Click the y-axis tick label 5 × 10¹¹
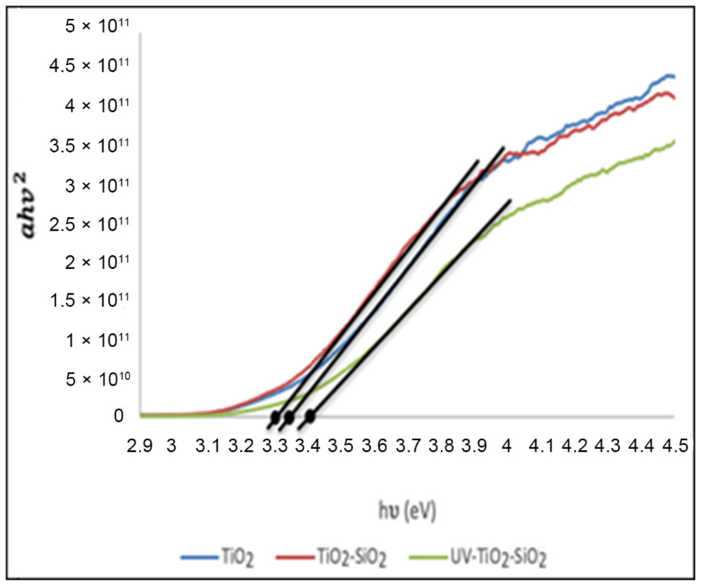(x=97, y=26)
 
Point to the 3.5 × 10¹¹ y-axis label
(x=89, y=146)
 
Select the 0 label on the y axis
(x=118, y=416)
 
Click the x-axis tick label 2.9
(x=140, y=446)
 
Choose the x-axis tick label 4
(x=507, y=446)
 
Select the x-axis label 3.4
(x=308, y=446)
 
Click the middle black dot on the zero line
(x=289, y=417)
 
